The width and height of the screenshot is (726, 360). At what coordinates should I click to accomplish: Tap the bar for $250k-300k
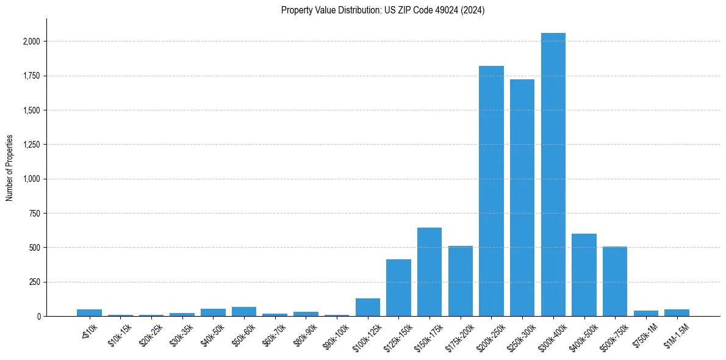pyautogui.click(x=522, y=198)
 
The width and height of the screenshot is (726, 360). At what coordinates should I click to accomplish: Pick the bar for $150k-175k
pyautogui.click(x=429, y=272)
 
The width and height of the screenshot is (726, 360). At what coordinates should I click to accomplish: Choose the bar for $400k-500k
pyautogui.click(x=584, y=275)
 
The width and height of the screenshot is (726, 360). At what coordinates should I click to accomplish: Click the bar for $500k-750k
pyautogui.click(x=615, y=281)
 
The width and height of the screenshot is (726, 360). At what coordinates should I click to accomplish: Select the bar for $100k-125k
pyautogui.click(x=368, y=308)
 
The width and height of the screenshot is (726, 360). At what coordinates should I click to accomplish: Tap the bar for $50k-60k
pyautogui.click(x=244, y=312)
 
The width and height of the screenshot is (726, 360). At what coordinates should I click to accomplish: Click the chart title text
pyautogui.click(x=383, y=10)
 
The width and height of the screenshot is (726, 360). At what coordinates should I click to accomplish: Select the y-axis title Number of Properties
pyautogui.click(x=10, y=168)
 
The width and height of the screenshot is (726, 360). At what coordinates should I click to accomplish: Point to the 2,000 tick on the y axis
pyautogui.click(x=32, y=41)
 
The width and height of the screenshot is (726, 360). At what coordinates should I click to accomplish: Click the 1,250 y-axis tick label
pyautogui.click(x=32, y=145)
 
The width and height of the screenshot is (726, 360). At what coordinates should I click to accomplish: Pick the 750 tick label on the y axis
pyautogui.click(x=35, y=214)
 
